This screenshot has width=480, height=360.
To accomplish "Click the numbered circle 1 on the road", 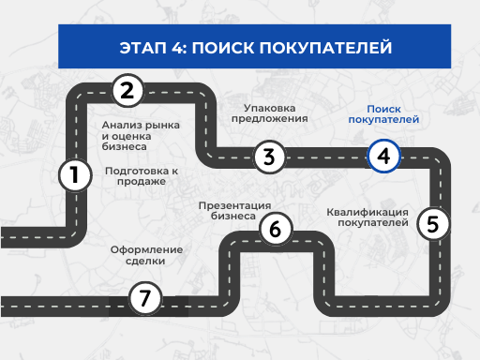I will [74, 174].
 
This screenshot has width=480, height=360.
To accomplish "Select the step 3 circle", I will [269, 157].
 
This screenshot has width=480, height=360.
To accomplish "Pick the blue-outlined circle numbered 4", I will [383, 157].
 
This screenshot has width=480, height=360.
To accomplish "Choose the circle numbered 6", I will [275, 229].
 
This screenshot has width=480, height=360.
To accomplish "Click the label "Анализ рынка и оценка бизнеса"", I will [129, 136].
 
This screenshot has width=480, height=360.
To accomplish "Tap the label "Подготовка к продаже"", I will [142, 176].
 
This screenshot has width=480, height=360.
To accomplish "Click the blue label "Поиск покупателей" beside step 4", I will [384, 113].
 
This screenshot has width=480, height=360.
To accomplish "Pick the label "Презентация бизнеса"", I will [234, 210].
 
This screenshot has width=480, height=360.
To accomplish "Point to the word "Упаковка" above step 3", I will [269, 107].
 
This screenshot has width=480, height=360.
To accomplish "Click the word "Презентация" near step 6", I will [234, 204].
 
